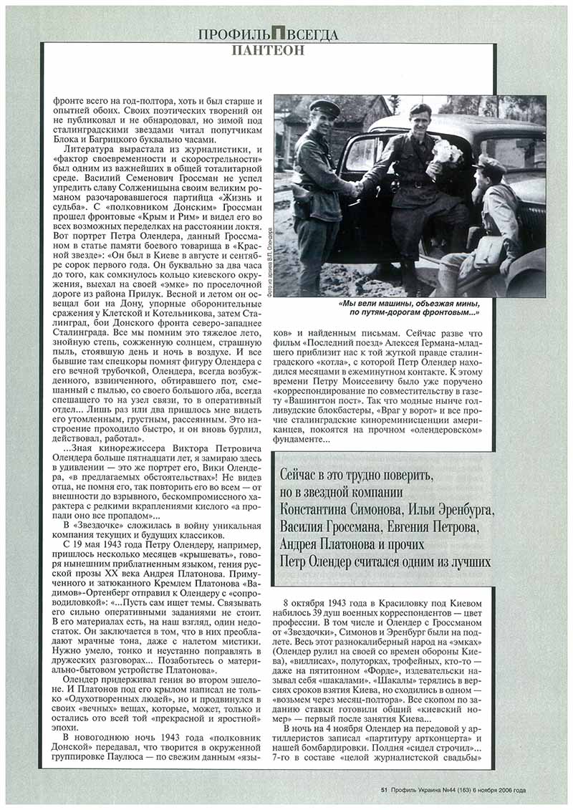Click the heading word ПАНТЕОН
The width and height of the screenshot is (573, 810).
[x=268, y=50]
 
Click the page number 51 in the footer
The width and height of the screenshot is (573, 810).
[x=385, y=790]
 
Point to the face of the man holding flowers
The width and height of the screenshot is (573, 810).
[x=418, y=118]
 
